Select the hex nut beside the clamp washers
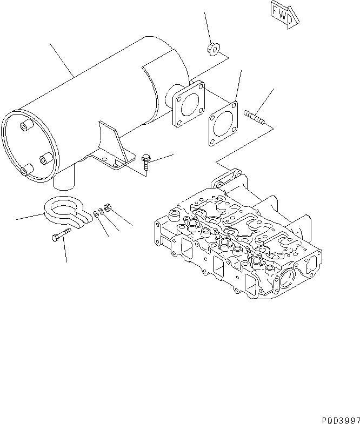point(107,207)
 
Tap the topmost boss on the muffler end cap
point(25,126)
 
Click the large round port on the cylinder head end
point(289,279)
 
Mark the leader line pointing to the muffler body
point(61,59)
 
